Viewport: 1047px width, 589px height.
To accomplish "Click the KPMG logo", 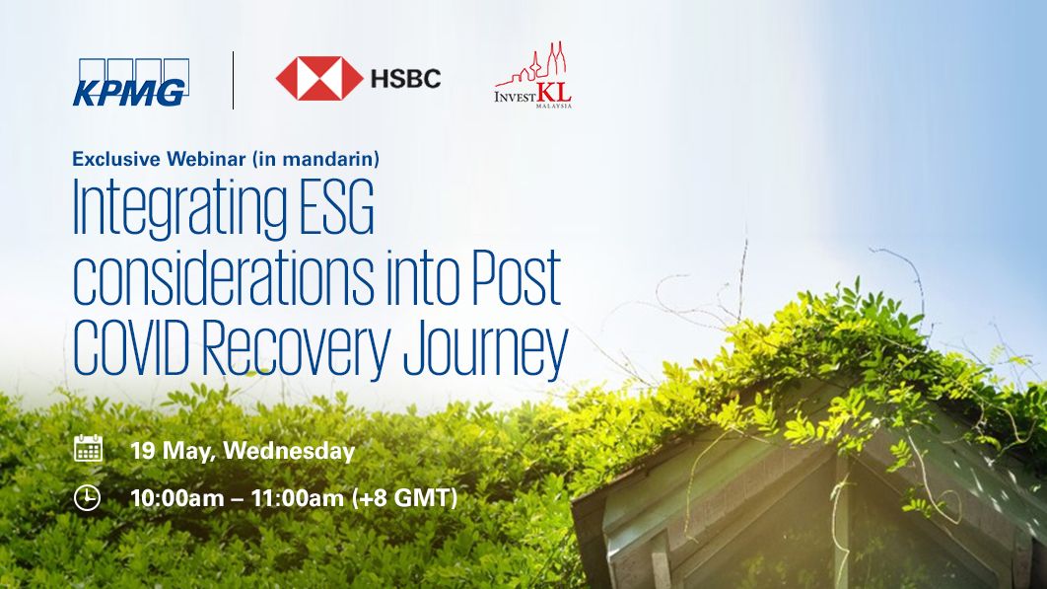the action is [131, 82].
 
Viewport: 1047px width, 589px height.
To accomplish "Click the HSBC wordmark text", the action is [406, 79].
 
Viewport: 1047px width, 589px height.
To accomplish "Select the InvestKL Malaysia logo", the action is [533, 75].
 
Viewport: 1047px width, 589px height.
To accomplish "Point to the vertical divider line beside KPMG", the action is [233, 80].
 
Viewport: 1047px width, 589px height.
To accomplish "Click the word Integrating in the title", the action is [179, 208].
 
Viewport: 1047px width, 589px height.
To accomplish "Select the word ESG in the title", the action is [336, 206].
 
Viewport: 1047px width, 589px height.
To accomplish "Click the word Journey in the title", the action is [486, 351].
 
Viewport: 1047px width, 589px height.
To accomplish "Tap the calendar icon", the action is [88, 448].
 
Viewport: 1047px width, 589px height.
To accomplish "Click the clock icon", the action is [88, 498].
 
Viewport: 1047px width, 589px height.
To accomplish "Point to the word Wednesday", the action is [289, 451].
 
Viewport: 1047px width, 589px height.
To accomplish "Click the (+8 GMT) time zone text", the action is [404, 498].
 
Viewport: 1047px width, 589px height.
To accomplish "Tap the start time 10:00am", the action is [176, 498].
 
